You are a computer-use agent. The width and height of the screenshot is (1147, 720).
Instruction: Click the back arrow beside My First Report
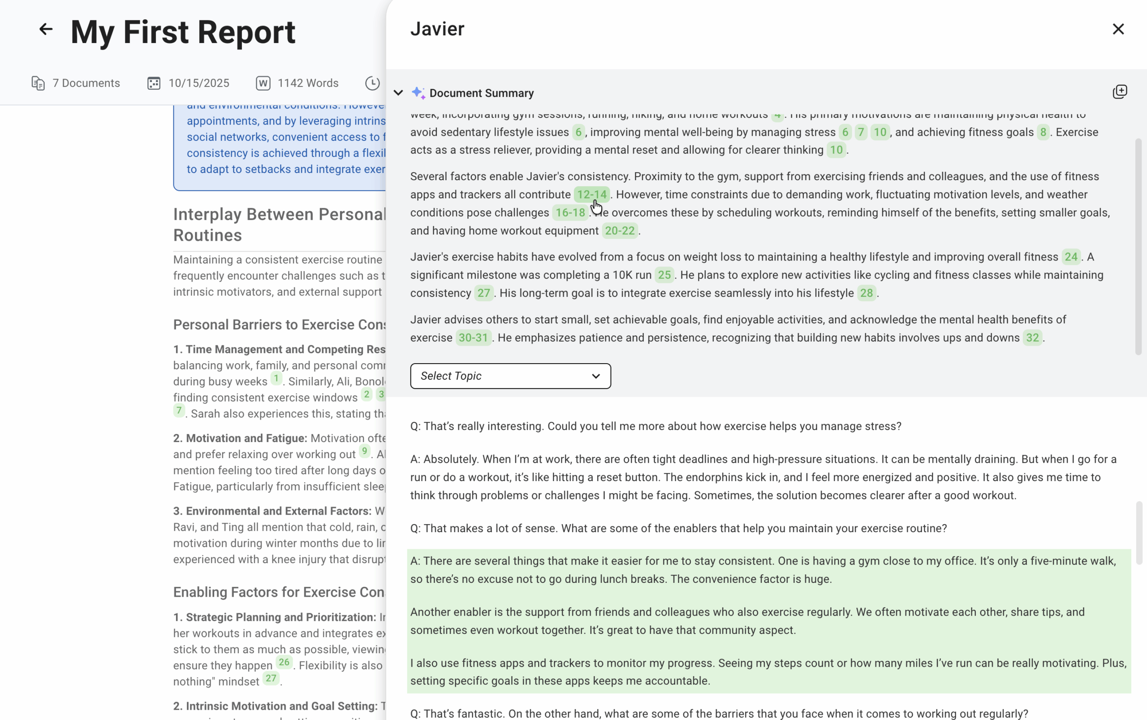46,29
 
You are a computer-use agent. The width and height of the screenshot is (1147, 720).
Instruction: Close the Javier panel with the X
1118,29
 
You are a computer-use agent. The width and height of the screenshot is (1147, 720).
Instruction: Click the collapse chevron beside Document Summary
398,93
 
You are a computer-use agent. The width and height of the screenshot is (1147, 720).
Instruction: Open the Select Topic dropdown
510,376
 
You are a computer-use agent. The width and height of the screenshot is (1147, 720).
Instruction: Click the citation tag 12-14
591,195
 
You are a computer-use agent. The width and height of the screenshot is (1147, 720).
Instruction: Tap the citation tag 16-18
570,213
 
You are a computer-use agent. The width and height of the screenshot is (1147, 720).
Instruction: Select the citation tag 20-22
620,231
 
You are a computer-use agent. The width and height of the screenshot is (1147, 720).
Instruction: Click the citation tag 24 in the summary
1071,257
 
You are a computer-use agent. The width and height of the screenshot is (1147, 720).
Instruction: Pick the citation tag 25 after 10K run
664,275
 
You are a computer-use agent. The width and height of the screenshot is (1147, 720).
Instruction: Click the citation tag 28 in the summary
866,293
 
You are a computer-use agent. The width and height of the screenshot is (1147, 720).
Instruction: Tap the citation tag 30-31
473,338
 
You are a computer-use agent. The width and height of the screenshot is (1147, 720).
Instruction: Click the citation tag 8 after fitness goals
1043,132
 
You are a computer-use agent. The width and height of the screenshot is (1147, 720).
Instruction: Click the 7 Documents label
86,83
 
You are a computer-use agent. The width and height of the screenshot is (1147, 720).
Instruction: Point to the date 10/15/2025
198,83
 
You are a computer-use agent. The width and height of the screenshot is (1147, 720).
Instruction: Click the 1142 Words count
307,83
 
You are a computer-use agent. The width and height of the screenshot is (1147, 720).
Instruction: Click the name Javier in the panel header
437,29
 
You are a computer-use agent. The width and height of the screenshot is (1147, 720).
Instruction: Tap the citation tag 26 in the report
284,662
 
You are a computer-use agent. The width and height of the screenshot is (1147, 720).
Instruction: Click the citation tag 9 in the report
364,451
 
